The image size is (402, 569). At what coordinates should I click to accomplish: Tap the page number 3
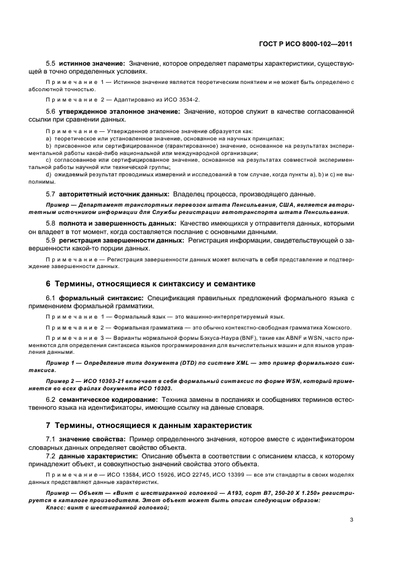click(x=352, y=520)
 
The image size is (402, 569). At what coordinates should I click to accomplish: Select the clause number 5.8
click(x=51, y=224)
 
